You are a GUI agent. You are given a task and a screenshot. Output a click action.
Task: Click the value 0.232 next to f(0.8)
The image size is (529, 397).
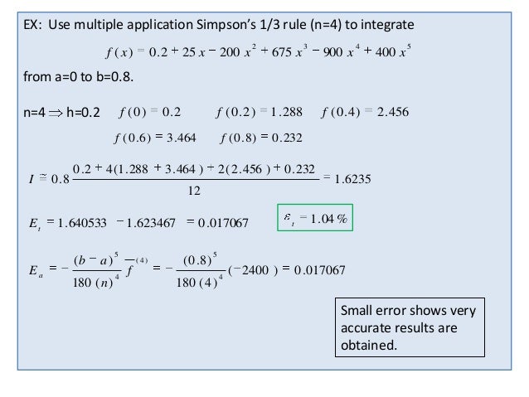pos(296,138)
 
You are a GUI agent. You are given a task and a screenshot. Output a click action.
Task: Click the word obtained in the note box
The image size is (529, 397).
pos(369,345)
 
